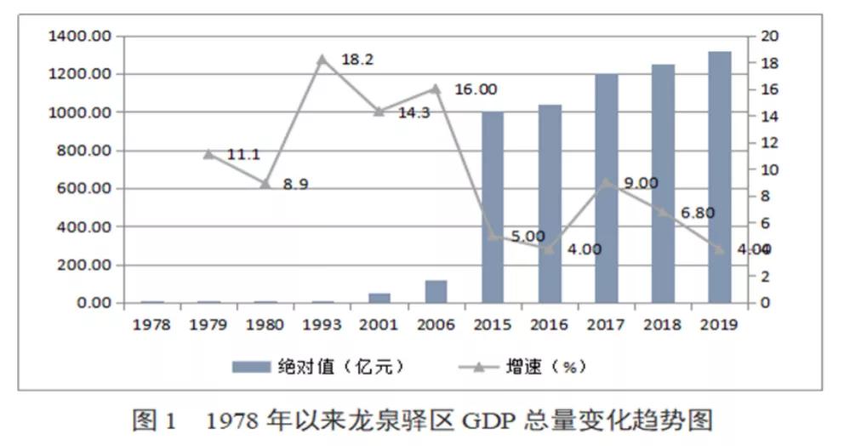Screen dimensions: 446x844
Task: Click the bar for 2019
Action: tap(719, 177)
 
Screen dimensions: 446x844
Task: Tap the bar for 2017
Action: tap(606, 188)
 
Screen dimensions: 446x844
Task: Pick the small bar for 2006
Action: tap(436, 291)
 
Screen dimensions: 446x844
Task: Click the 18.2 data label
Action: tap(357, 60)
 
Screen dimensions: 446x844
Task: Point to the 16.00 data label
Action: tap(476, 89)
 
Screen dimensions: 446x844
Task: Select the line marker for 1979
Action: tap(208, 154)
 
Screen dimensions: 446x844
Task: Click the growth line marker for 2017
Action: tap(606, 182)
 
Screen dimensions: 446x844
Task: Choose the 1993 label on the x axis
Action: tap(322, 325)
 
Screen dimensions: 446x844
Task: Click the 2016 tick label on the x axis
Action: tap(549, 325)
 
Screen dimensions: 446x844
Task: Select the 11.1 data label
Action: tap(244, 155)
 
